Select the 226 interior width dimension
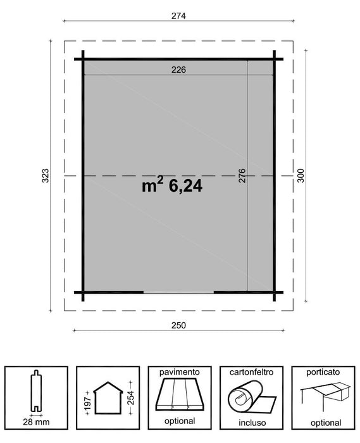point(178,70)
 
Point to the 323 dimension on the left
point(45,176)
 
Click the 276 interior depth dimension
point(241,177)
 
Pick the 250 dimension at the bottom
point(179,325)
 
